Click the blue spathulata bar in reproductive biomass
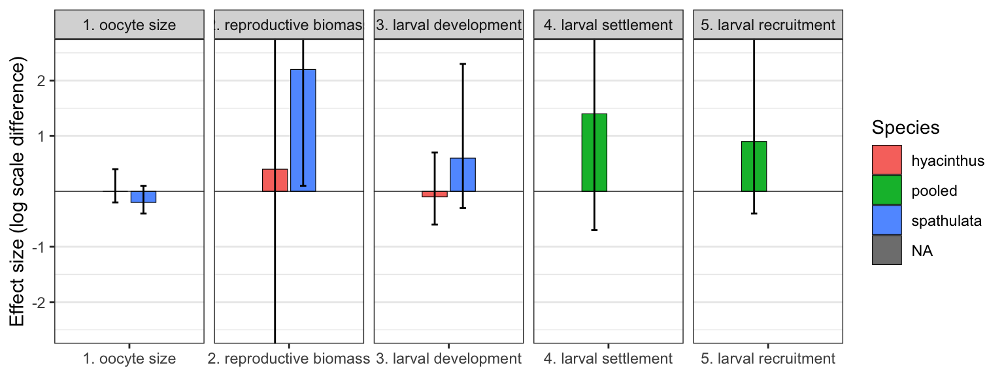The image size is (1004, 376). coord(303,130)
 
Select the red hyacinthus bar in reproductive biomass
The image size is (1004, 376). coord(275,180)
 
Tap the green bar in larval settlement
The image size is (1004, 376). coord(594,152)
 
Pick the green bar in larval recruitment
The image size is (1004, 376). coord(754,166)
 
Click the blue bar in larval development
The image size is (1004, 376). coord(463,174)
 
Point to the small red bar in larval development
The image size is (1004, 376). coord(435,194)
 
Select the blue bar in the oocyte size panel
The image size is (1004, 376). coord(143,196)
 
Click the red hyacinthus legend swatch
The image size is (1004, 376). coord(886,160)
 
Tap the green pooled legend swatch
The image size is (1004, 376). coord(886,190)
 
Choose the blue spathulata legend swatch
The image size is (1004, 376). coord(886,220)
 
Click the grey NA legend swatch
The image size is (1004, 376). coord(886,250)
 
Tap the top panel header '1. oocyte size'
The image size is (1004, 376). coord(129,25)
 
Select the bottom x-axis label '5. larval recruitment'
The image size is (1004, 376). coord(768,358)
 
